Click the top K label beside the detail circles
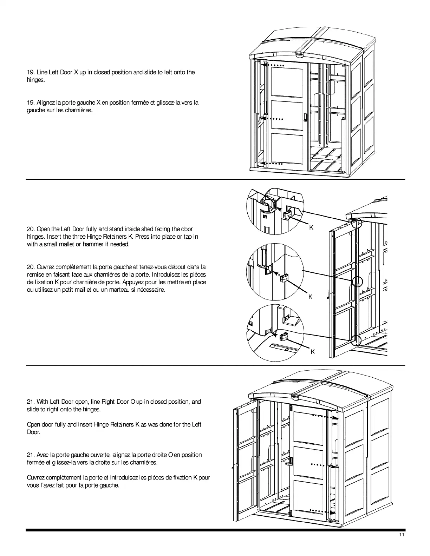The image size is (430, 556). pyautogui.click(x=311, y=228)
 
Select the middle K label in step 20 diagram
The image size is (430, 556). pyautogui.click(x=310, y=297)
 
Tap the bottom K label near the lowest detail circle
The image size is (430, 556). pyautogui.click(x=313, y=352)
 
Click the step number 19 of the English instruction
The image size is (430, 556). pyautogui.click(x=30, y=72)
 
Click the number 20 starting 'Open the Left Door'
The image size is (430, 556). pyautogui.click(x=31, y=229)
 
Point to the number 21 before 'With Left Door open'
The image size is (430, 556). pyautogui.click(x=30, y=402)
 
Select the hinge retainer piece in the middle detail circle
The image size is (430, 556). pyautogui.click(x=284, y=277)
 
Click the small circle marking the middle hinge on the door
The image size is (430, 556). pyautogui.click(x=357, y=282)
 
